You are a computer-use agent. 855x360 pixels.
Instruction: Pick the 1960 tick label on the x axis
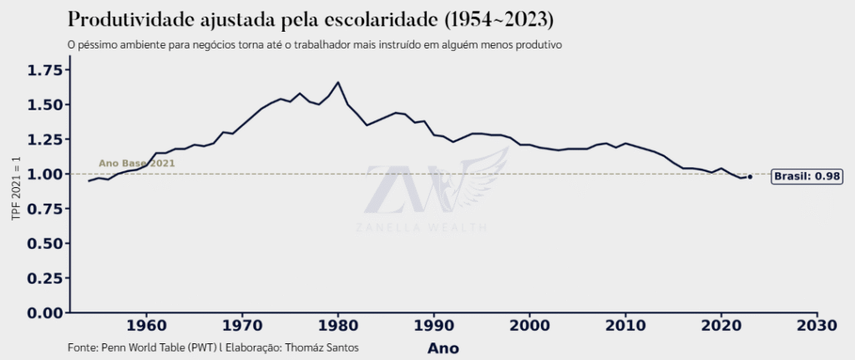(x=146, y=325)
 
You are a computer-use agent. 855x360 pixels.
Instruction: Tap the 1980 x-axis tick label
(x=338, y=325)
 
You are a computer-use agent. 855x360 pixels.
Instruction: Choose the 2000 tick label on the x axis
(x=529, y=325)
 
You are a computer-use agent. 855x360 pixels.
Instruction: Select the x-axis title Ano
(x=443, y=347)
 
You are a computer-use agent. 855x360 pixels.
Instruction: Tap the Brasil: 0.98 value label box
(x=807, y=176)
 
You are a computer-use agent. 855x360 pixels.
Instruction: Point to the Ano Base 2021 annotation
(x=136, y=164)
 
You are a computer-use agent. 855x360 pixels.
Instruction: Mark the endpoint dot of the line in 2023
(x=750, y=176)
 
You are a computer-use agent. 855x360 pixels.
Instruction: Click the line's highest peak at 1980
(x=338, y=82)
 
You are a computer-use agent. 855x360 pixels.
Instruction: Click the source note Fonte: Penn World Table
(x=142, y=346)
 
